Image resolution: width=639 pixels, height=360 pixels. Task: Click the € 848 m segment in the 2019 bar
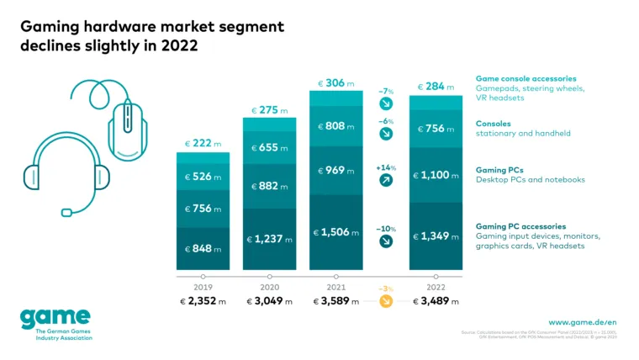click(203, 250)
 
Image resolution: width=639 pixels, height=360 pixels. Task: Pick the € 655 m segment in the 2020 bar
click(269, 147)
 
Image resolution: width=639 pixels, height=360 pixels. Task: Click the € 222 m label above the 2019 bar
click(203, 144)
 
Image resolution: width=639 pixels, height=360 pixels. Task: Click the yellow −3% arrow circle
click(386, 301)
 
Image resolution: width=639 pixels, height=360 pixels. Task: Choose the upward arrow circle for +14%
click(386, 181)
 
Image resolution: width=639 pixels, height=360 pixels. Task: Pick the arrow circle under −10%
click(386, 241)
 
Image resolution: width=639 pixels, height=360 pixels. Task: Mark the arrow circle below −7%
click(386, 103)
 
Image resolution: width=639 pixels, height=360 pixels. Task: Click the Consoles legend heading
click(494, 123)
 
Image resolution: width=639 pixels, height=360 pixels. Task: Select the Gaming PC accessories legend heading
click(520, 226)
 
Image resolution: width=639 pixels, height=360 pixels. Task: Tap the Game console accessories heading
click(525, 77)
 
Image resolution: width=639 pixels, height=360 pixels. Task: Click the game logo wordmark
click(55, 317)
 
